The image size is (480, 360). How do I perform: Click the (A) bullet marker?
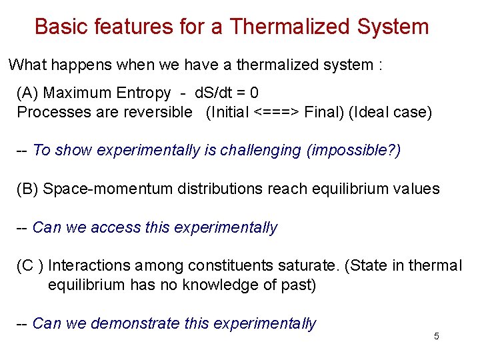tap(27, 93)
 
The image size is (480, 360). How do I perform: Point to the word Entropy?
tap(142, 93)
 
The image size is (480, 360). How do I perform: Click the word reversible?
tap(157, 112)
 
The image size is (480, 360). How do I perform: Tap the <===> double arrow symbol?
tap(277, 112)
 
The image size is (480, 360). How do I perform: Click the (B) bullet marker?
tap(27, 189)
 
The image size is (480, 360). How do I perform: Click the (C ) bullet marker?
tap(30, 266)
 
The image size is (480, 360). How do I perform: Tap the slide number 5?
tap(437, 337)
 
